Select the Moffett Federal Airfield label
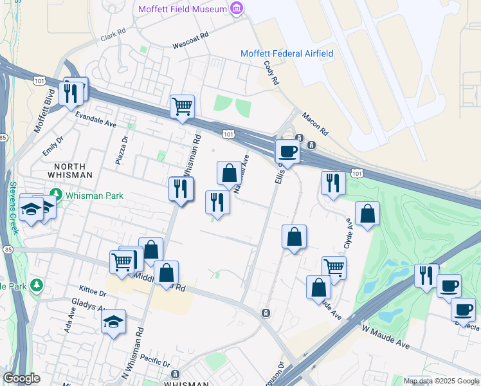coord(287,53)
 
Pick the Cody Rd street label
coord(271,73)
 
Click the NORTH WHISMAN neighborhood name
coord(69,170)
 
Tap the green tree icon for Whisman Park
coord(56,194)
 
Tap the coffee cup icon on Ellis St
coord(287,152)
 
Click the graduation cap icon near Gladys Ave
coord(114,322)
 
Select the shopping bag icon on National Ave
coord(229,173)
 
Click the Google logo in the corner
coord(22,378)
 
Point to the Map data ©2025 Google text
coord(442,381)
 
